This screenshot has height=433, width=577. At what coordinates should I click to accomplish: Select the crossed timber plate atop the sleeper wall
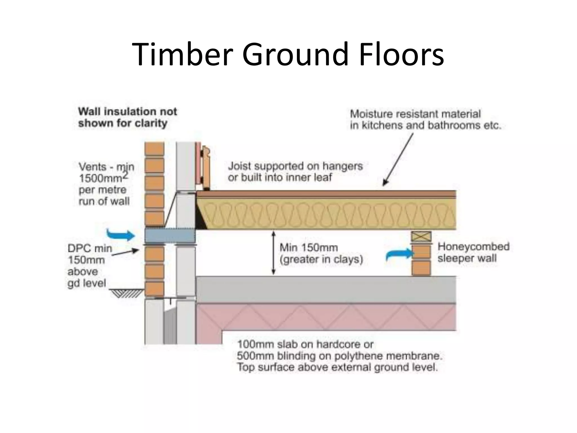tap(421, 237)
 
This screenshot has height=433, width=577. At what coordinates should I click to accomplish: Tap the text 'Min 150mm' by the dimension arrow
tap(309, 248)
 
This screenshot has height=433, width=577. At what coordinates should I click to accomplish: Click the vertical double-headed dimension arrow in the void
tap(273, 253)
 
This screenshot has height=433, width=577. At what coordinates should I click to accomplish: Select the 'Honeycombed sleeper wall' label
tap(473, 252)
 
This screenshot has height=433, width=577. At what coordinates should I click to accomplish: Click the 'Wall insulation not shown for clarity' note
tap(127, 117)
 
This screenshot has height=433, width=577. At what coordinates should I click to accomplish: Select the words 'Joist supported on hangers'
tap(295, 166)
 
